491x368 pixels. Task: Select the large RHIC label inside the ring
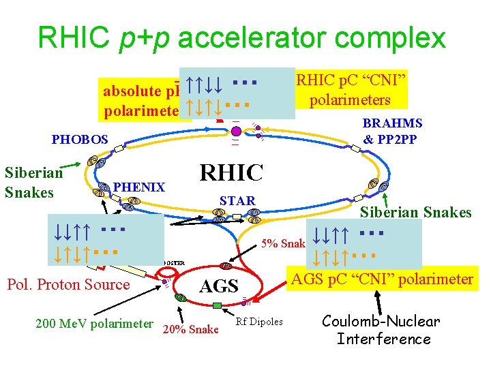[231, 173]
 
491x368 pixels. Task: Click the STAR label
[237, 200]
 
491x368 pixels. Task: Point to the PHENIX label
[139, 187]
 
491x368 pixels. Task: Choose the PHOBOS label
[80, 140]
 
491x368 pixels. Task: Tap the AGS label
[219, 287]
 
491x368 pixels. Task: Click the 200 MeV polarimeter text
[94, 323]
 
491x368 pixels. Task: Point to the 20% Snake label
[191, 330]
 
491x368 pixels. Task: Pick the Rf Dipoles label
[258, 322]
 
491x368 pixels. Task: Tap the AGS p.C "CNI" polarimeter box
[382, 279]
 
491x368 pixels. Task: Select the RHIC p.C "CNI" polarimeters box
[351, 91]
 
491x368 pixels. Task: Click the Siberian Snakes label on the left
[33, 182]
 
